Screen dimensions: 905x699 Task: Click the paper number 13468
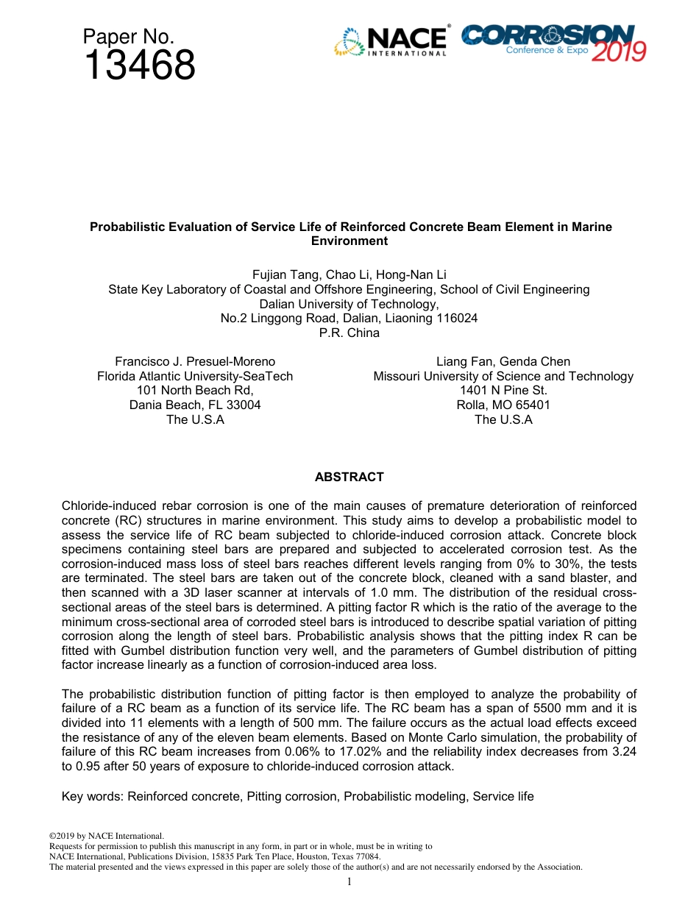[x=139, y=65]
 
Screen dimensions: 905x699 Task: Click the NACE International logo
[x=391, y=41]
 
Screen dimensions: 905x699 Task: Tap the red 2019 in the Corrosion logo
[x=618, y=50]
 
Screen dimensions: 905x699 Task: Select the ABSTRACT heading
[x=349, y=477]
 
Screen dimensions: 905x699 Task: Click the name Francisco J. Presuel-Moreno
[x=195, y=361]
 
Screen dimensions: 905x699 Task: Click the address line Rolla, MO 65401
[x=503, y=405]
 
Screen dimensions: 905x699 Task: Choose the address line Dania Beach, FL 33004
[x=195, y=405]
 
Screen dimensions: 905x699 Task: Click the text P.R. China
[x=349, y=333]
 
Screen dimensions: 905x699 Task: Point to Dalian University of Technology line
[x=349, y=304]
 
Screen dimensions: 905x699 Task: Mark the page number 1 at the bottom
[x=349, y=881]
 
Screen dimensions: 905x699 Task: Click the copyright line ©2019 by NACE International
[x=105, y=836]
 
